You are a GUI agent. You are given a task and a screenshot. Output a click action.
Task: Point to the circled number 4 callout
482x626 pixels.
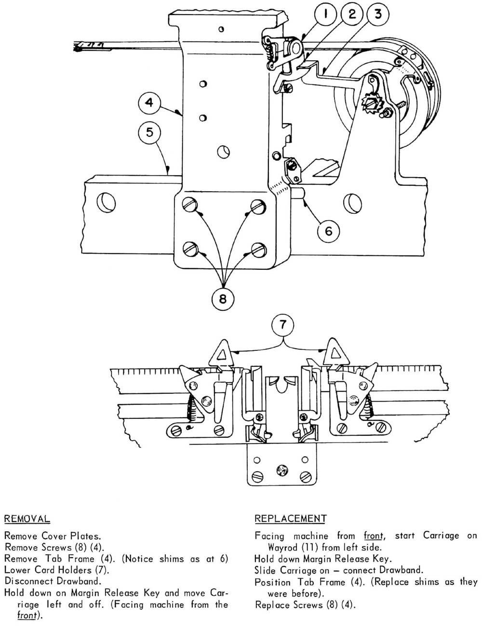(149, 103)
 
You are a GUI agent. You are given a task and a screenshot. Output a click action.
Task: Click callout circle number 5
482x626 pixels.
(149, 132)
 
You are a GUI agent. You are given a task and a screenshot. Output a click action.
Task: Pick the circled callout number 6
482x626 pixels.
(328, 231)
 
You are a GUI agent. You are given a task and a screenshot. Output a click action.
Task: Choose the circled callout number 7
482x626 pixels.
(282, 325)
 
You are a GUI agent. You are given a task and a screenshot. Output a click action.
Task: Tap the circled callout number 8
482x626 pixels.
(222, 299)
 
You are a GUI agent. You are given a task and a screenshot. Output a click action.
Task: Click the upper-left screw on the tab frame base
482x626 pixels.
(189, 205)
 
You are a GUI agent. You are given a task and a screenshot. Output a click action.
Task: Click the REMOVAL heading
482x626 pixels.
(27, 519)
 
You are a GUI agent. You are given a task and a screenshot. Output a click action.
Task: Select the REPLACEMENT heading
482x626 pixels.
(290, 519)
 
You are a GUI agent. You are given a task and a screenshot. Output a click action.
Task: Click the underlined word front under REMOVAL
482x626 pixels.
(27, 616)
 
